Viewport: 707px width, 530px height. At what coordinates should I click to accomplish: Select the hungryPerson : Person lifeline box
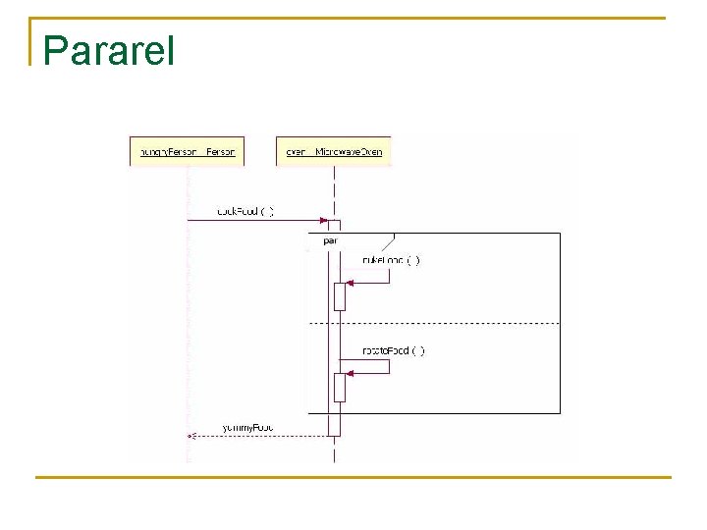[x=187, y=151]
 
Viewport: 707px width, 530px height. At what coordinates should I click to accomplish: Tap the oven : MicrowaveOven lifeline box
[x=333, y=151]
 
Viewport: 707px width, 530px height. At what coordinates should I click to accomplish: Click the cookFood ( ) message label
[x=245, y=211]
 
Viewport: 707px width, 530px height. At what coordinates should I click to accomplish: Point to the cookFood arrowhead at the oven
[x=323, y=221]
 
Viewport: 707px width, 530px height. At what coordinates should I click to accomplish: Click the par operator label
[x=329, y=239]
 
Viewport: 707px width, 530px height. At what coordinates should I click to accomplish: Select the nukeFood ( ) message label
[x=391, y=260]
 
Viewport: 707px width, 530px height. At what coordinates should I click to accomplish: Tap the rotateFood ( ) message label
[x=393, y=350]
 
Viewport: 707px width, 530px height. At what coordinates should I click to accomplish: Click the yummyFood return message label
[x=246, y=427]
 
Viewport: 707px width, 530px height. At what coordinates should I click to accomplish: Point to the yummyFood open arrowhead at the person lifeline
[x=191, y=436]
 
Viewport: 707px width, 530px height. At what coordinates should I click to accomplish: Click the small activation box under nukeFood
[x=340, y=295]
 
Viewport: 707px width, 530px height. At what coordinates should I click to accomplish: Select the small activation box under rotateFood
[x=340, y=387]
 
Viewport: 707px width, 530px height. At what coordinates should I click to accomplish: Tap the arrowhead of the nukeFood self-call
[x=350, y=283]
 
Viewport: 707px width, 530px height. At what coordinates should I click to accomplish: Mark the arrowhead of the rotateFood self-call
[x=350, y=373]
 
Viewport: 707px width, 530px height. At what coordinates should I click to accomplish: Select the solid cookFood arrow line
[x=255, y=221]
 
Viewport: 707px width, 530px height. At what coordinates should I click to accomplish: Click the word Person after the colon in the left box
[x=221, y=152]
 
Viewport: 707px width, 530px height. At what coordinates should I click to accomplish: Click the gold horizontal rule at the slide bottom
[x=353, y=478]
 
